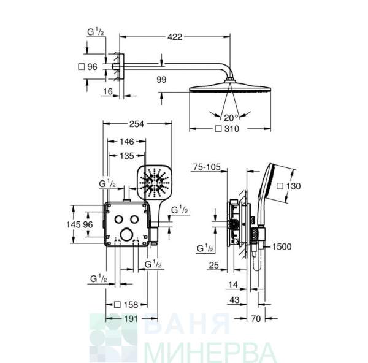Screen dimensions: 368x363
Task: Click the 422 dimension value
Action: tap(175, 37)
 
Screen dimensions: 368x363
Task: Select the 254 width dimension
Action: tap(137, 124)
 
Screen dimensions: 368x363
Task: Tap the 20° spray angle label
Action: tap(231, 118)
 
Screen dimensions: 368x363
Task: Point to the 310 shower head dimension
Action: tap(227, 129)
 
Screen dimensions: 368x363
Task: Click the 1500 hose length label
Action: tap(282, 246)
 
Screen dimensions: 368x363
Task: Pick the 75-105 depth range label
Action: tap(207, 167)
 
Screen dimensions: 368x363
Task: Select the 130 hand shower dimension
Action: tap(289, 186)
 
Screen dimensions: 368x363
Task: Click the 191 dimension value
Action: tap(131, 319)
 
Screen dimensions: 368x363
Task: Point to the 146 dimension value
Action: tap(127, 142)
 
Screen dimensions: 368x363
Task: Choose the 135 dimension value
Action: tap(127, 156)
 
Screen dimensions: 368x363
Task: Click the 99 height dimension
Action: tap(161, 80)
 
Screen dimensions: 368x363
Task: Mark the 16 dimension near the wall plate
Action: tap(108, 91)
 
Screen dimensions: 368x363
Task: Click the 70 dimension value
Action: tap(256, 319)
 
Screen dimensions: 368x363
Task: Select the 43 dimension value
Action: tap(234, 300)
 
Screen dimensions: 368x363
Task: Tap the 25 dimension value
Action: tap(214, 265)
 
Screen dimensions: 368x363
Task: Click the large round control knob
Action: tap(126, 234)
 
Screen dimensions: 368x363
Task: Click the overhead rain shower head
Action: tap(230, 88)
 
